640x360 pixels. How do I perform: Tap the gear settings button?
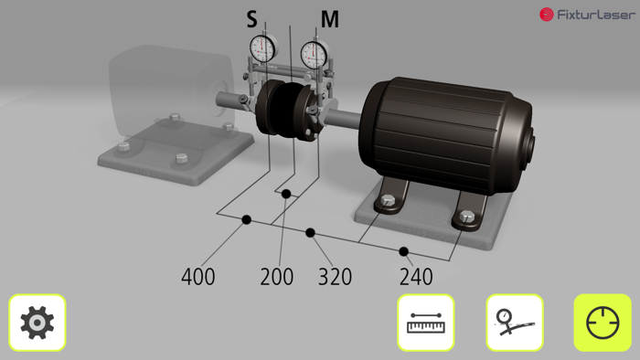tap(37, 323)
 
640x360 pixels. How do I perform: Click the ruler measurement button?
tap(426, 323)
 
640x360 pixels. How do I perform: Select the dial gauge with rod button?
tap(514, 323)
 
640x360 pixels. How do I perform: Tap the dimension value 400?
tap(198, 276)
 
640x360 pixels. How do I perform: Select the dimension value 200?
tap(277, 276)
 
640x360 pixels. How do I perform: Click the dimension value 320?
tap(335, 276)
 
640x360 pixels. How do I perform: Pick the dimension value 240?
tap(416, 276)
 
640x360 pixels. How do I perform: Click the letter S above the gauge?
tap(252, 19)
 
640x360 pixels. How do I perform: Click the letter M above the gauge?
tap(329, 19)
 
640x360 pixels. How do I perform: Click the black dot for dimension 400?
tap(246, 219)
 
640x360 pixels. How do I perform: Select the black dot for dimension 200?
tap(286, 194)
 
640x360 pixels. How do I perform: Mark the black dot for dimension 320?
tap(311, 233)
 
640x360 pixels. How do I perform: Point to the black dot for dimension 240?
tap(403, 251)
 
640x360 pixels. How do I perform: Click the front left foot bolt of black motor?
tap(389, 202)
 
